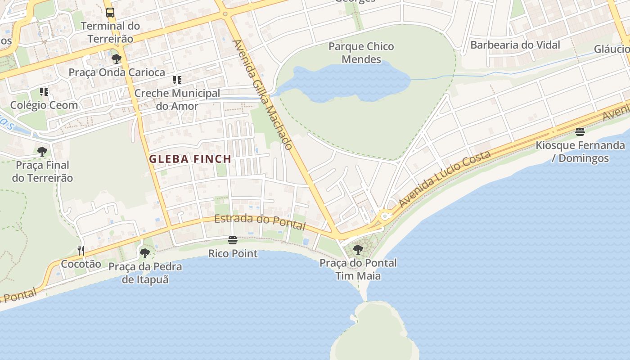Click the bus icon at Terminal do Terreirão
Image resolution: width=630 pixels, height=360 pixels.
coord(110,13)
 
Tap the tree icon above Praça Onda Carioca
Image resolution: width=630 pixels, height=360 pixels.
coord(116,58)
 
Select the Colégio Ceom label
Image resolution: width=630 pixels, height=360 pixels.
coord(44,105)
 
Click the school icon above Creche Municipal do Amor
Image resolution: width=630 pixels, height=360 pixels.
coord(177,80)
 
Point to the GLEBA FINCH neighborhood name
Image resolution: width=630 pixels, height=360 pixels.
coord(190,159)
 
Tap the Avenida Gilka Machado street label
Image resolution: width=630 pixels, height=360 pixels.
coord(263,94)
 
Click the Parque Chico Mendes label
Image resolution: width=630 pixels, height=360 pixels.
coord(361,53)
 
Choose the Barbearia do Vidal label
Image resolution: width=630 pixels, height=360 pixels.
coord(515,45)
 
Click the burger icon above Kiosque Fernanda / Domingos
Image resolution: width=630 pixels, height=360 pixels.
coord(580,132)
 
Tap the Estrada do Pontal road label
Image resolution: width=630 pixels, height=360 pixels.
coord(260,222)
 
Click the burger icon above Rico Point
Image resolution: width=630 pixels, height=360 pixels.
coord(233,240)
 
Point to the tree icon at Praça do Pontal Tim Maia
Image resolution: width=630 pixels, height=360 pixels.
coord(358,249)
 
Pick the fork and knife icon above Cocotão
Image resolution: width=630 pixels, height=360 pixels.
coord(81,250)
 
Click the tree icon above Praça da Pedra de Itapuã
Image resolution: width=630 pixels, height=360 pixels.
coord(144,253)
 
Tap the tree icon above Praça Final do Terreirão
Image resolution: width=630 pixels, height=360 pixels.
coord(42,151)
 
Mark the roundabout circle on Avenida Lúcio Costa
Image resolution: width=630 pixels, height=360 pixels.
coord(385,216)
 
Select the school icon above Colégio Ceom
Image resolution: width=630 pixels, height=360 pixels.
coord(44,92)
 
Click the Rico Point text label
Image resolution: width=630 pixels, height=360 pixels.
coord(233,253)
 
